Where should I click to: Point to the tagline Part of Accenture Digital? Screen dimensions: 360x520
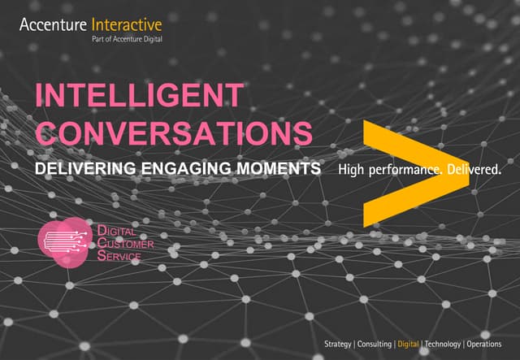tap(120, 41)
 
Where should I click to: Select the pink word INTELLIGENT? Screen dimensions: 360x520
tap(138, 97)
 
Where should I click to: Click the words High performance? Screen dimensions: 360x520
tap(382, 171)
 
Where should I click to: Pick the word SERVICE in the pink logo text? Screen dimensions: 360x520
tap(119, 256)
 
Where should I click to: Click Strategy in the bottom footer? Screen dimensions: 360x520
tap(337, 344)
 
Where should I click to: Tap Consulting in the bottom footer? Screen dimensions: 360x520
tap(374, 344)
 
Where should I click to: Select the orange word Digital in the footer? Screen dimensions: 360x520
tap(408, 344)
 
